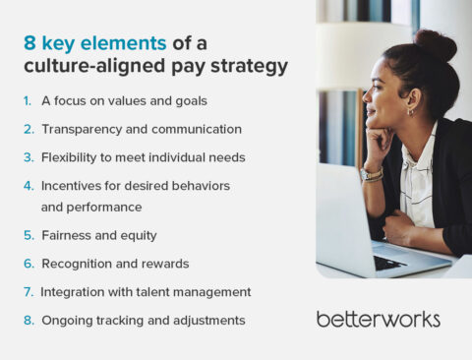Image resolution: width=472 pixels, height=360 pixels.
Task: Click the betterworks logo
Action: [x=378, y=319]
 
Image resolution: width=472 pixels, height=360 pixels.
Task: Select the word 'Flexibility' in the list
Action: [x=69, y=156]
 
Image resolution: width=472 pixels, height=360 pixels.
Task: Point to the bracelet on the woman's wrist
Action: [x=372, y=174]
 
